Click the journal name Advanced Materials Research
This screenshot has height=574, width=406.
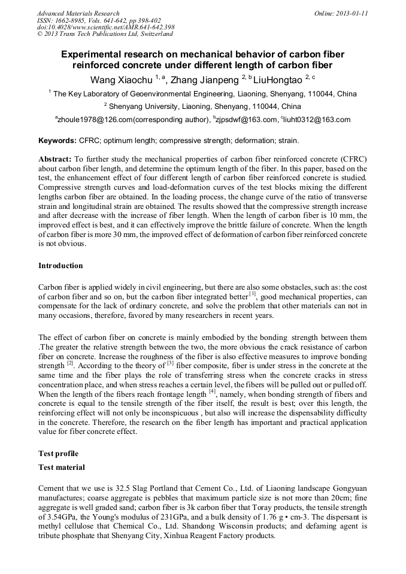click(x=78, y=13)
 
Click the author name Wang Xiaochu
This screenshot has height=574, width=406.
click(x=122, y=80)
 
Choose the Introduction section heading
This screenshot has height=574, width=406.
click(x=60, y=265)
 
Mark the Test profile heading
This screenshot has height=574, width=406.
click(x=58, y=453)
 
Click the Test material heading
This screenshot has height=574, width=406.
click(x=61, y=467)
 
